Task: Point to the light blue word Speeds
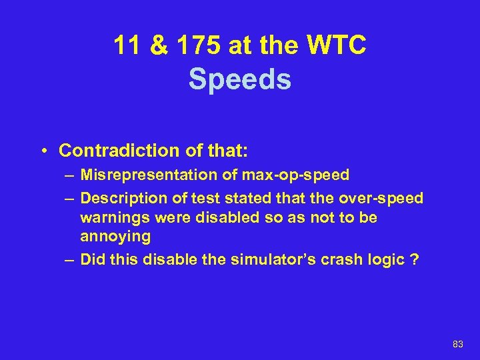coord(240,79)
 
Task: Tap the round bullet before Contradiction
coord(43,151)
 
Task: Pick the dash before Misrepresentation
coord(70,176)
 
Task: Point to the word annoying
coord(115,236)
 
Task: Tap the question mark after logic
coord(416,259)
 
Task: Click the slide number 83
coord(457,344)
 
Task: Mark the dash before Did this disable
coord(70,259)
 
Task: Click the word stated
coord(231,199)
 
